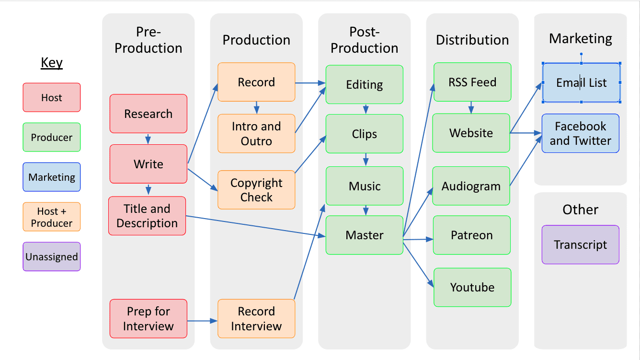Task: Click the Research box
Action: pyautogui.click(x=148, y=114)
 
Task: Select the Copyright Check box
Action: pyautogui.click(x=256, y=190)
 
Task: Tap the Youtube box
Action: pyautogui.click(x=472, y=287)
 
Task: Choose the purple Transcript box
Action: pyautogui.click(x=580, y=244)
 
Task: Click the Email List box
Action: pyautogui.click(x=581, y=82)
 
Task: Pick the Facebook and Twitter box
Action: pyautogui.click(x=580, y=133)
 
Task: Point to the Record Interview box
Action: pyautogui.click(x=256, y=318)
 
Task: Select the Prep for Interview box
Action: pyautogui.click(x=148, y=318)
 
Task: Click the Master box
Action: pyautogui.click(x=364, y=235)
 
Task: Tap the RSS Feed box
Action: pyautogui.click(x=472, y=82)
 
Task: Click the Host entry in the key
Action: pyautogui.click(x=52, y=97)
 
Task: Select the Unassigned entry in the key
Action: pyautogui.click(x=52, y=256)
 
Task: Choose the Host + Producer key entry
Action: pyautogui.click(x=52, y=217)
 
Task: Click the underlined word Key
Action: pyautogui.click(x=52, y=63)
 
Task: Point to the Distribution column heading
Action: pyautogui.click(x=472, y=40)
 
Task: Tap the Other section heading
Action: pyautogui.click(x=580, y=209)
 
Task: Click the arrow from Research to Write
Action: pyautogui.click(x=148, y=139)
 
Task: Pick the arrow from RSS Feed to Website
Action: pyautogui.click(x=471, y=107)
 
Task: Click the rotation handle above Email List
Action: pyautogui.click(x=581, y=54)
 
